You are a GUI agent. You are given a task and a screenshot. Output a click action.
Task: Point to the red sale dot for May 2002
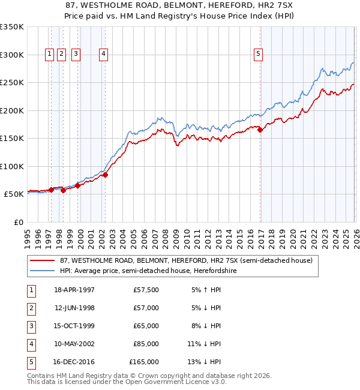[105, 175]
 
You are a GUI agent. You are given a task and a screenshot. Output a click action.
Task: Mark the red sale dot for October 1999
[77, 186]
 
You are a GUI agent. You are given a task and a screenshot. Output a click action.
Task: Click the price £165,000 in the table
[144, 362]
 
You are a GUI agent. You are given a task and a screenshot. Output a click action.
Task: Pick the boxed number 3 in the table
[30, 326]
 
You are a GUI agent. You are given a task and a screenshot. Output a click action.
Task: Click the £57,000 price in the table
[146, 308]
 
